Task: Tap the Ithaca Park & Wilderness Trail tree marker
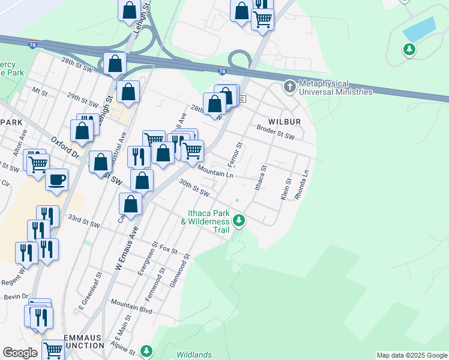pyautogui.click(x=240, y=221)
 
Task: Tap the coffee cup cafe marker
pyautogui.click(x=57, y=179)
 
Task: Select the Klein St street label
pyautogui.click(x=286, y=188)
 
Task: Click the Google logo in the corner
pyautogui.click(x=20, y=353)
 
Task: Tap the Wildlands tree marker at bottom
pyautogui.click(x=145, y=350)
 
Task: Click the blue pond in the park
pyautogui.click(x=418, y=28)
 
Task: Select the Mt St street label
pyautogui.click(x=40, y=92)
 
